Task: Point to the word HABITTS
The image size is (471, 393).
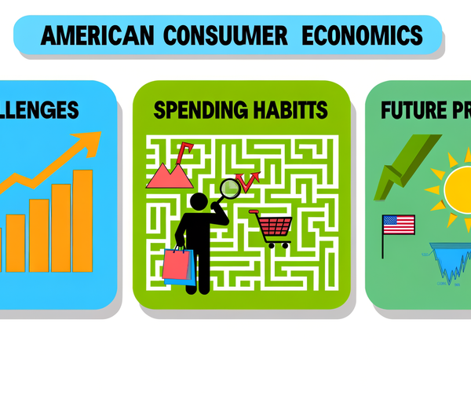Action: coord(287,110)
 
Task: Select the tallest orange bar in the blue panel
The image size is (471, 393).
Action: coord(82,220)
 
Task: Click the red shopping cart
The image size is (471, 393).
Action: coord(272,228)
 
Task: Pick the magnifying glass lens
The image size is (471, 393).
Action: coord(230,188)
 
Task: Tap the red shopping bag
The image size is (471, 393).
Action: coord(177,266)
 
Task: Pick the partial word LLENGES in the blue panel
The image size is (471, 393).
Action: coord(39,109)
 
